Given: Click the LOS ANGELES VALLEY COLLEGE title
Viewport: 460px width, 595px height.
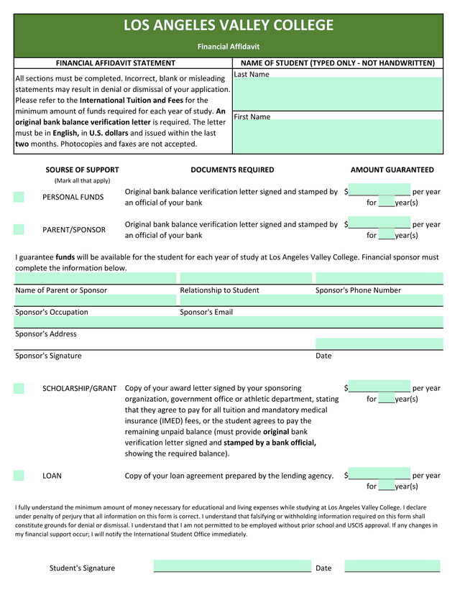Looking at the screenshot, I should [x=229, y=26].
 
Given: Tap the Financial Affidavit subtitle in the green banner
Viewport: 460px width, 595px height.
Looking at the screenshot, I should [x=229, y=47].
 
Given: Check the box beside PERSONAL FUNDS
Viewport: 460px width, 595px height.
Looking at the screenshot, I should [x=19, y=197].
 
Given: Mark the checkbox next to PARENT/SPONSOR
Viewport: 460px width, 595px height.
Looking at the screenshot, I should [x=19, y=230].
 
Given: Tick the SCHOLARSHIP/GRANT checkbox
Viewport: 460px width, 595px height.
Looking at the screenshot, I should [x=19, y=389].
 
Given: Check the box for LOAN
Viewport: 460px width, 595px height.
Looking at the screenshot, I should [x=19, y=475].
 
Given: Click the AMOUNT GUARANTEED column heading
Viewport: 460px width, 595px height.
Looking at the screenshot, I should [x=392, y=170].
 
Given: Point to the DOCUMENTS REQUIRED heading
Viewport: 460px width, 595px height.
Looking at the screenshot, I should [x=232, y=170].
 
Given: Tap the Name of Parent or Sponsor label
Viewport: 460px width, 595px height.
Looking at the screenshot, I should [x=61, y=290].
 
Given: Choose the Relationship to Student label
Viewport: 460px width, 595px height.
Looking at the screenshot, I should [x=219, y=290].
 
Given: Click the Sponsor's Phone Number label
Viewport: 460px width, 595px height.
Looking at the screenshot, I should [x=358, y=290].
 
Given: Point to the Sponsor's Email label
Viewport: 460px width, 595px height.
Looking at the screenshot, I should [x=206, y=312].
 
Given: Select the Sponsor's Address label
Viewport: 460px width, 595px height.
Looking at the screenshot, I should [x=46, y=334].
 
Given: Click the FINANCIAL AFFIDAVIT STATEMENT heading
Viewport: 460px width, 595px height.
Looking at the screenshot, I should [x=115, y=63].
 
